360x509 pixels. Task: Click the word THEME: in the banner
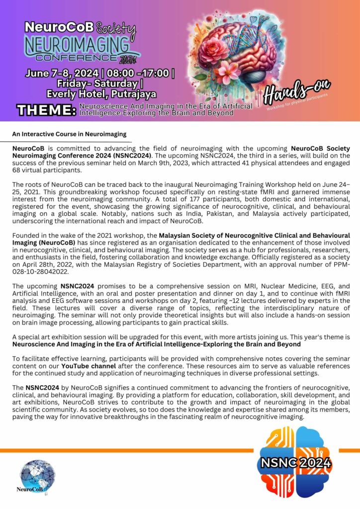pos(46,110)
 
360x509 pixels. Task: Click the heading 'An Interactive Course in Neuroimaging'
pos(69,134)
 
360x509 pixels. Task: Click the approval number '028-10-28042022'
pos(43,272)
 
